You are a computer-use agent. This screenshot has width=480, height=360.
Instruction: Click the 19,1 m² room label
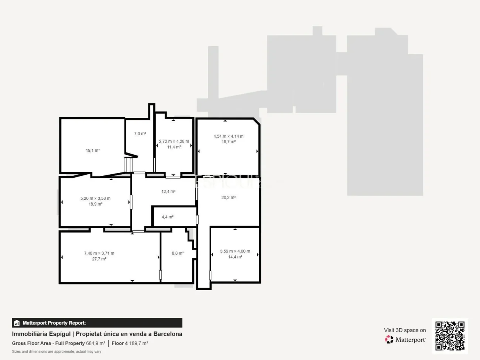coord(93,150)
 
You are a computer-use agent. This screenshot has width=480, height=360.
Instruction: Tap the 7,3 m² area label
coord(140,134)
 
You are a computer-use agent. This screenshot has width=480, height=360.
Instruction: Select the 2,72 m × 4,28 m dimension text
coord(174,141)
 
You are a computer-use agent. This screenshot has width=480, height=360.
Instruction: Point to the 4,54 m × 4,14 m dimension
coord(228,136)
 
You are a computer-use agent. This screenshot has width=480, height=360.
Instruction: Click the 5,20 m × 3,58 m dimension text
coord(95,198)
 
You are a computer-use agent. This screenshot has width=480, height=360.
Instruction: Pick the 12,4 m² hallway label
coord(168,192)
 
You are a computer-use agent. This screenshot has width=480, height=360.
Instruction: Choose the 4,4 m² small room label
coord(168,217)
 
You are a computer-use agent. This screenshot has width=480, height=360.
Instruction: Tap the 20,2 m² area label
coord(229,198)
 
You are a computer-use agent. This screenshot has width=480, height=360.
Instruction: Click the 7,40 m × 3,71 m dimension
coord(99,253)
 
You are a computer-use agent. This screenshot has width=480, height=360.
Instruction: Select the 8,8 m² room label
coord(178,253)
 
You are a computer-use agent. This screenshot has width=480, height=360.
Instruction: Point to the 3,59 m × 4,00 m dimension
coord(235,251)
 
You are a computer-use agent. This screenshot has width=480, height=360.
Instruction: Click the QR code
coord(450,336)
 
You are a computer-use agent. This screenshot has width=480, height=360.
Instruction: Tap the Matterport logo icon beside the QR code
coord(389,339)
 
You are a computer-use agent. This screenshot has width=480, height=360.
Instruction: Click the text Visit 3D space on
coord(405,330)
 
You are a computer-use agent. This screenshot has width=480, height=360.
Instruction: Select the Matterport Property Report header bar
coord(97,323)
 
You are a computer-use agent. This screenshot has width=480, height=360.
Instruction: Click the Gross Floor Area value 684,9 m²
coord(96,343)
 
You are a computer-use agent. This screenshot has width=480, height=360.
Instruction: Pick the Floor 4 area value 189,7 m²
coord(138,343)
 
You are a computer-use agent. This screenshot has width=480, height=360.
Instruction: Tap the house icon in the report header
coord(17,323)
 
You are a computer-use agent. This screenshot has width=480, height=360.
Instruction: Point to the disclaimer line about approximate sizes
coord(56,352)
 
